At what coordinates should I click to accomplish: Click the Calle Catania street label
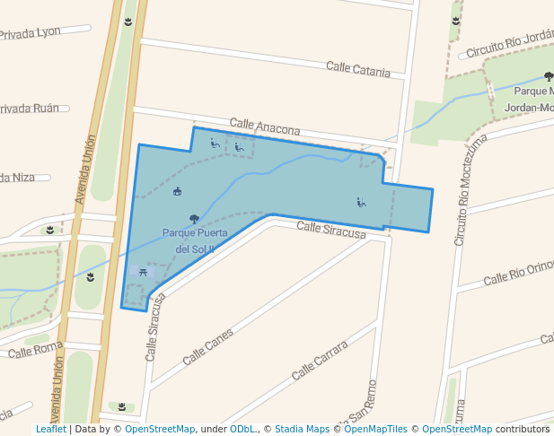pyautogui.click(x=357, y=69)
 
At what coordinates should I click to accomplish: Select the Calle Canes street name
pyautogui.click(x=207, y=346)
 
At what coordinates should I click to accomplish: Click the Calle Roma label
pyautogui.click(x=36, y=349)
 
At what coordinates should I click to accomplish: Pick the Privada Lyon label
pyautogui.click(x=30, y=32)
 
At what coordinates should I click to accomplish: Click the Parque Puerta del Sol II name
pyautogui.click(x=194, y=240)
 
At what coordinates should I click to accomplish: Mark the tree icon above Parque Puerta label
pyautogui.click(x=194, y=219)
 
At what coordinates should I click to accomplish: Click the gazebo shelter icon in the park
pyautogui.click(x=177, y=191)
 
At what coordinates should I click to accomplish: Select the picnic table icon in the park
pyautogui.click(x=144, y=271)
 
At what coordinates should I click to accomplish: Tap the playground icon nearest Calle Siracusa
pyautogui.click(x=361, y=202)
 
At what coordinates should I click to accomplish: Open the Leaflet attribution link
pyautogui.click(x=50, y=430)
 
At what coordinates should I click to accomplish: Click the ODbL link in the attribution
pyautogui.click(x=242, y=430)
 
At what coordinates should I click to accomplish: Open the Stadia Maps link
pyautogui.click(x=302, y=430)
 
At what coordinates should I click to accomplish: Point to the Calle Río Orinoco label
pyautogui.click(x=519, y=274)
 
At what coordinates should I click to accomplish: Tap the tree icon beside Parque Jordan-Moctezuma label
pyautogui.click(x=549, y=77)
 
